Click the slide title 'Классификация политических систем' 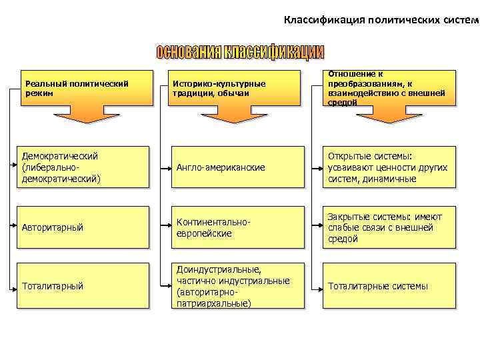(x=381, y=19)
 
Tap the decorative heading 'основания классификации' (x=240, y=52)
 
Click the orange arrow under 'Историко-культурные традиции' (x=231, y=115)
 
